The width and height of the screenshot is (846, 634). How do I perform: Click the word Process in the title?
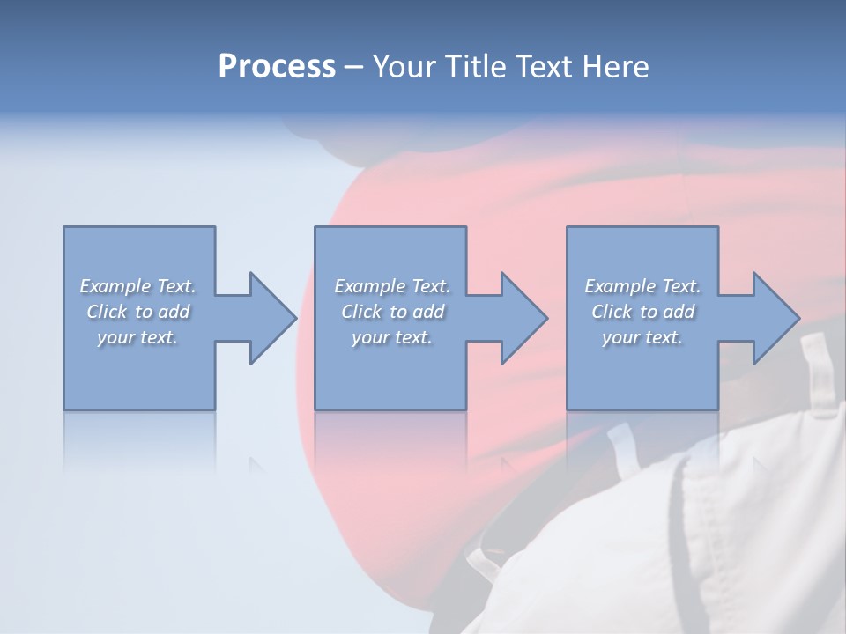277,67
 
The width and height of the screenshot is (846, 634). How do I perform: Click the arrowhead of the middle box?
525,318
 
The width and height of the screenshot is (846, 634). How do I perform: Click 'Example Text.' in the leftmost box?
138,286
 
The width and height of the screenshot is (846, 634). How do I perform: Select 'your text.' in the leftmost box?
138,337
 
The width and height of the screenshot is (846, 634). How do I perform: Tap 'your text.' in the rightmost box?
642,337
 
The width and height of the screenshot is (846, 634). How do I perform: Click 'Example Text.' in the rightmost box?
642,286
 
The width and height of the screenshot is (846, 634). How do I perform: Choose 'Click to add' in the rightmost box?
642,312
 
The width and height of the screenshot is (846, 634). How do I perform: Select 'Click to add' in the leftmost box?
138,312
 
